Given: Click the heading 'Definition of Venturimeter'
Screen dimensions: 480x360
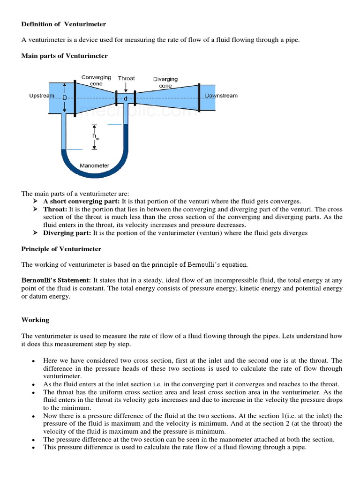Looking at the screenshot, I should click(64, 24).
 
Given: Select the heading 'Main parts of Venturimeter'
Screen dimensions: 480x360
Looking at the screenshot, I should click(64, 56).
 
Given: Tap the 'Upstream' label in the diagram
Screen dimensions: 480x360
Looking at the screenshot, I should click(42, 96).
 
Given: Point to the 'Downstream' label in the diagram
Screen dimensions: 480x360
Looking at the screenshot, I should click(221, 96).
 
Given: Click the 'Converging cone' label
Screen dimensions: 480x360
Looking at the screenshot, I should click(96, 80).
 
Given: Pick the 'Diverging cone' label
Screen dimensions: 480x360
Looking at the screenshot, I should click(165, 82).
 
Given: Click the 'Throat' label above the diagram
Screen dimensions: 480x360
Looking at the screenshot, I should click(126, 78).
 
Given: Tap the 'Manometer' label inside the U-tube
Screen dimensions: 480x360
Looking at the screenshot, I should click(95, 165).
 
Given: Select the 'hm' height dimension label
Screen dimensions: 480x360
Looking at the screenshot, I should click(96, 137).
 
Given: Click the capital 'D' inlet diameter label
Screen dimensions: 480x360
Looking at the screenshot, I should click(65, 97).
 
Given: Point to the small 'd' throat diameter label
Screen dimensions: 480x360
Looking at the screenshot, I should click(125, 99).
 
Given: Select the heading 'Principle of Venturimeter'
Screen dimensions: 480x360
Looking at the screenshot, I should click(61, 249).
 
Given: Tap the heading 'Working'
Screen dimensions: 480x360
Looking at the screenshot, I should click(35, 320).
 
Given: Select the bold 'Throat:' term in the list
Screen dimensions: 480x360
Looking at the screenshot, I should click(55, 209).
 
